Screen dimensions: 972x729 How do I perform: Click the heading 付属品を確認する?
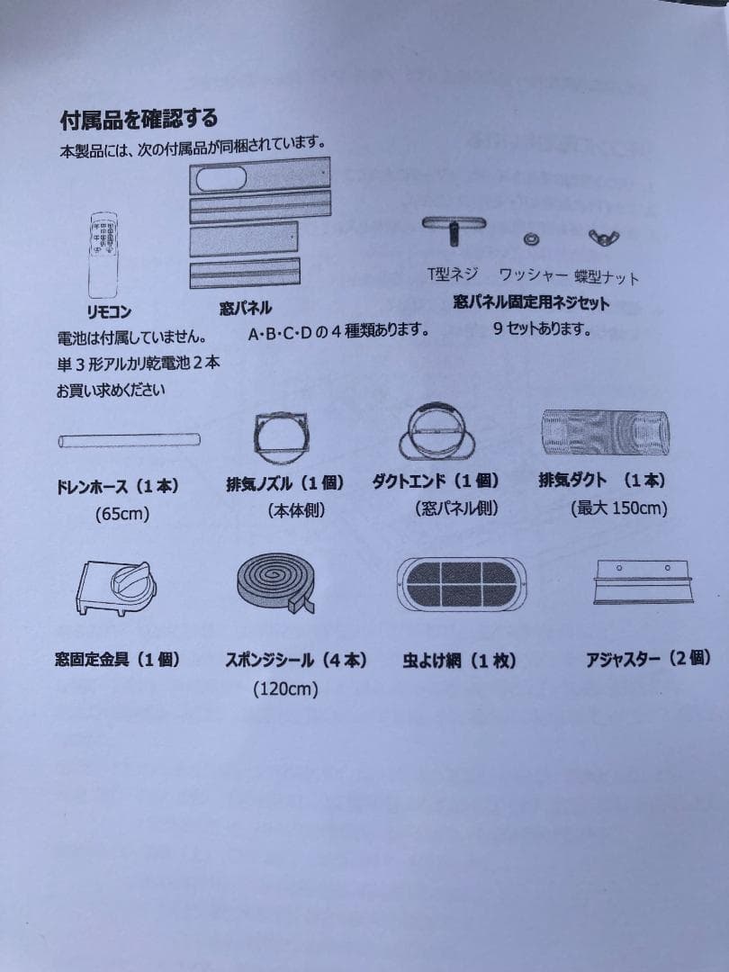click(139, 119)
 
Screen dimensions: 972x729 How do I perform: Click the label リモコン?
click(109, 311)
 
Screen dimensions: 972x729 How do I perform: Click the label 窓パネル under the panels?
click(246, 309)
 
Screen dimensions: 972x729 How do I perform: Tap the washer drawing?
click(532, 238)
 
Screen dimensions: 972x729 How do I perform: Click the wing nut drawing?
click(598, 237)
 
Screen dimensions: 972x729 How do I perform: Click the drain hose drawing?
click(129, 440)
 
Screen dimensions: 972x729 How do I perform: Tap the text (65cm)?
click(121, 515)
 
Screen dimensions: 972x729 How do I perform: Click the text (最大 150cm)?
click(618, 508)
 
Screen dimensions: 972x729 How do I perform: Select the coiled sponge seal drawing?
click(274, 584)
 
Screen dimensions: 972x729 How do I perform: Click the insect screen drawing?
click(460, 584)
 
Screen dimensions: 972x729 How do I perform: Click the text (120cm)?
click(285, 689)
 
